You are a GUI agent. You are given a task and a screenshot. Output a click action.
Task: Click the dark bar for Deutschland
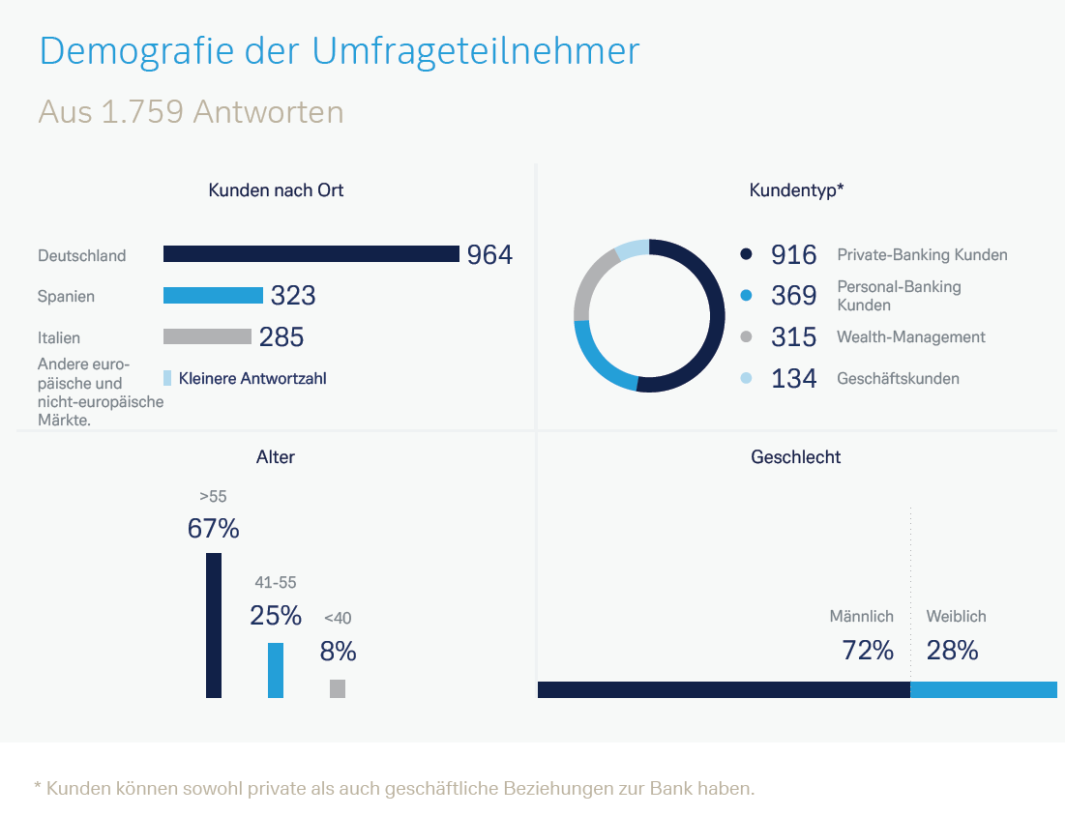click(311, 254)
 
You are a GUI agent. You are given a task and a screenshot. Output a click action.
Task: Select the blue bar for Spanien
click(213, 296)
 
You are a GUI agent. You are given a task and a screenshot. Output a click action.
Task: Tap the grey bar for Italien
click(207, 336)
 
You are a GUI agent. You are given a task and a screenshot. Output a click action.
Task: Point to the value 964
click(489, 255)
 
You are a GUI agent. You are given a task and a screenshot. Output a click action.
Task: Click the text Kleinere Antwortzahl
click(252, 379)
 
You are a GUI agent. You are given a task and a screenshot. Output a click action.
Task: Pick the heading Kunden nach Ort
click(276, 190)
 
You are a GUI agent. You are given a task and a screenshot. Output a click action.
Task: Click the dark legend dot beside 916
click(746, 255)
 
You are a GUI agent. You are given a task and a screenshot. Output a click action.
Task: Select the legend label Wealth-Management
click(910, 337)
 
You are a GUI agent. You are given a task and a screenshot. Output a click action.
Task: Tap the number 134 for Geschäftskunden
click(793, 379)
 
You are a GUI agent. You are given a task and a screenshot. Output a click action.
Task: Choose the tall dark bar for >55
click(214, 626)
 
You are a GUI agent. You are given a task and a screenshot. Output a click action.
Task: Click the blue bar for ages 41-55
click(276, 670)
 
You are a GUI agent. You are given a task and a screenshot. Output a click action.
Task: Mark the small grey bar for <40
click(338, 688)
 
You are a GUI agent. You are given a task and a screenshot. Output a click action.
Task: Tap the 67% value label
click(213, 529)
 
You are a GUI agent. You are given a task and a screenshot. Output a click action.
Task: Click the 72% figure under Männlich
click(868, 651)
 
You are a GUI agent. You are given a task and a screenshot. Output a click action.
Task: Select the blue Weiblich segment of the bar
click(983, 689)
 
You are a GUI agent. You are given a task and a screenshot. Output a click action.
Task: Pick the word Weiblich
click(956, 616)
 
